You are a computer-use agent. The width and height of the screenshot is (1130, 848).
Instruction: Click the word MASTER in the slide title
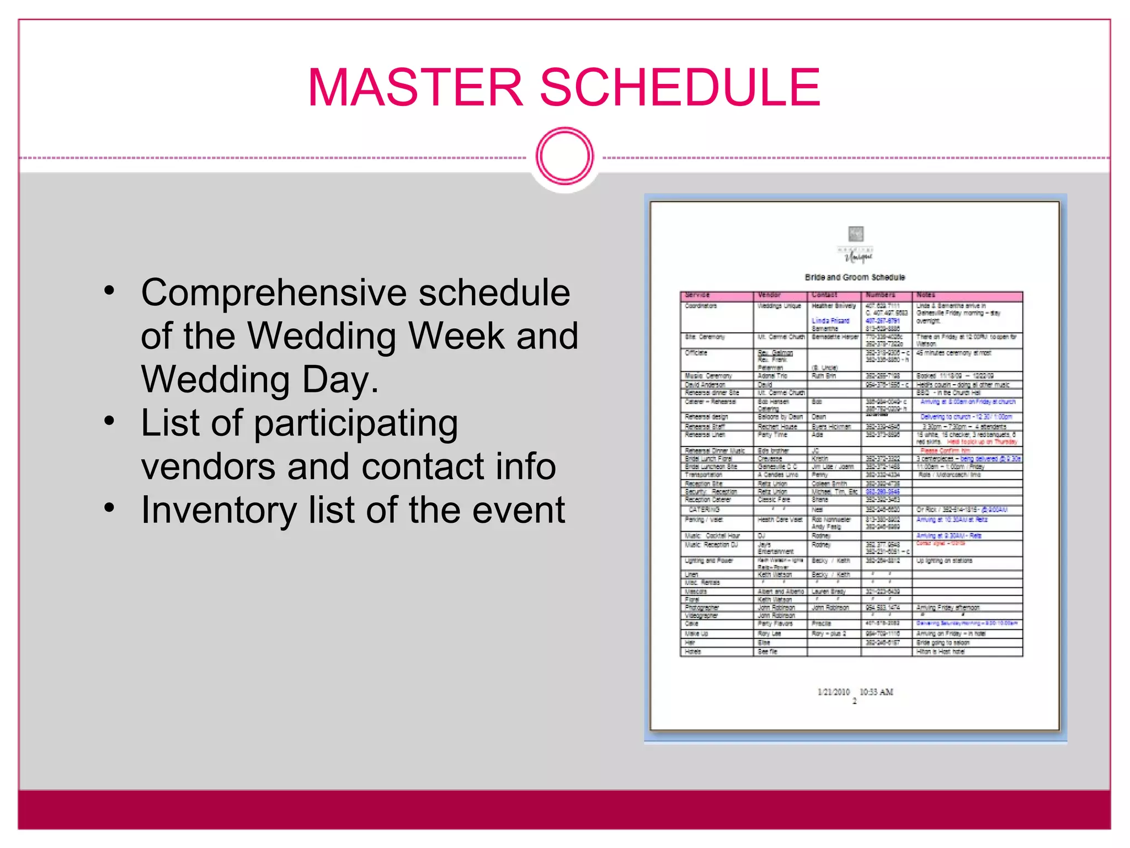(415, 87)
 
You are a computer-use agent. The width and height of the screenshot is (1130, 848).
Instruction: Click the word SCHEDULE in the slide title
(680, 87)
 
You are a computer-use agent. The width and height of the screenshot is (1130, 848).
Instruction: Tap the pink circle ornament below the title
(564, 156)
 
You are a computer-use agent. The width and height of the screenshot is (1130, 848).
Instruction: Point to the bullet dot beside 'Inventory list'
(109, 506)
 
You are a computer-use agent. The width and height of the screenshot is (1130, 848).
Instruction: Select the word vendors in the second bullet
(208, 467)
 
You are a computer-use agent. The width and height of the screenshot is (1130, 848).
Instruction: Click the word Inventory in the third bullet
(219, 510)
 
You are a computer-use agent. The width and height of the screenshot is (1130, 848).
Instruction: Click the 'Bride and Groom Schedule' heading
(855, 277)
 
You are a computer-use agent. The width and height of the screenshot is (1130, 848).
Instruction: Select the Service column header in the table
(697, 295)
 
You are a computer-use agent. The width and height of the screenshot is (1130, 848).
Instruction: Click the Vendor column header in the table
(769, 295)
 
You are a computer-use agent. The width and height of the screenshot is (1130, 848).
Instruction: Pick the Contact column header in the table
(824, 295)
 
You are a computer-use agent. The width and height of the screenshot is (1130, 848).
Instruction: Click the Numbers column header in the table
(881, 295)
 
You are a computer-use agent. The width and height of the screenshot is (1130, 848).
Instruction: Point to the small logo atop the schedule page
(856, 234)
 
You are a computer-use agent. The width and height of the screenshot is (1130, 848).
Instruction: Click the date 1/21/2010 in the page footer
(833, 692)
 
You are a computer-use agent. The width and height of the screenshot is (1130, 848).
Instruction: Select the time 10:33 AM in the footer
(876, 692)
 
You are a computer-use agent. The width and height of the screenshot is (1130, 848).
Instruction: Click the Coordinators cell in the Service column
(701, 306)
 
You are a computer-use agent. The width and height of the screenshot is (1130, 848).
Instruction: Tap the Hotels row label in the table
(693, 651)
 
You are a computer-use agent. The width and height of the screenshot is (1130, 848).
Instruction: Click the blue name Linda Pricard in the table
(830, 321)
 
